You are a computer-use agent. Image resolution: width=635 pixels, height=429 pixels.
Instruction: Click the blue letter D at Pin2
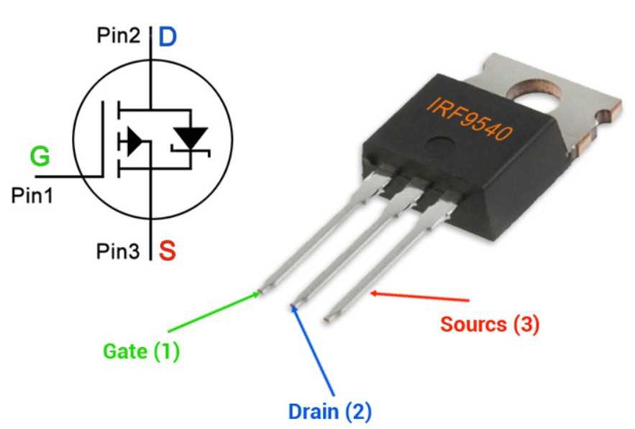coord(167,37)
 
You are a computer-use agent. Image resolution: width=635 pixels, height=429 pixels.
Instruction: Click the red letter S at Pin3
coord(167,251)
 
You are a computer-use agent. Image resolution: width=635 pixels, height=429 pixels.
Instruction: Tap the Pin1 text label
coord(31,195)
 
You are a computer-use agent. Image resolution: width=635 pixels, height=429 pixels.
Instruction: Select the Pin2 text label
coord(119,37)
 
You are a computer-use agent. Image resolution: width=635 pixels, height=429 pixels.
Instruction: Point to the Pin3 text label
coord(119,251)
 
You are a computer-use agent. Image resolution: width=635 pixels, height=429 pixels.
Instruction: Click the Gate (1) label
coord(141,352)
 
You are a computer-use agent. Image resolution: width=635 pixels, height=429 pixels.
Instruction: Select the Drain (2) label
coord(329,412)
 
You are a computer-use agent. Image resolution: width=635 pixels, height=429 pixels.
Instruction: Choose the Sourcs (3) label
coord(489,324)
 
